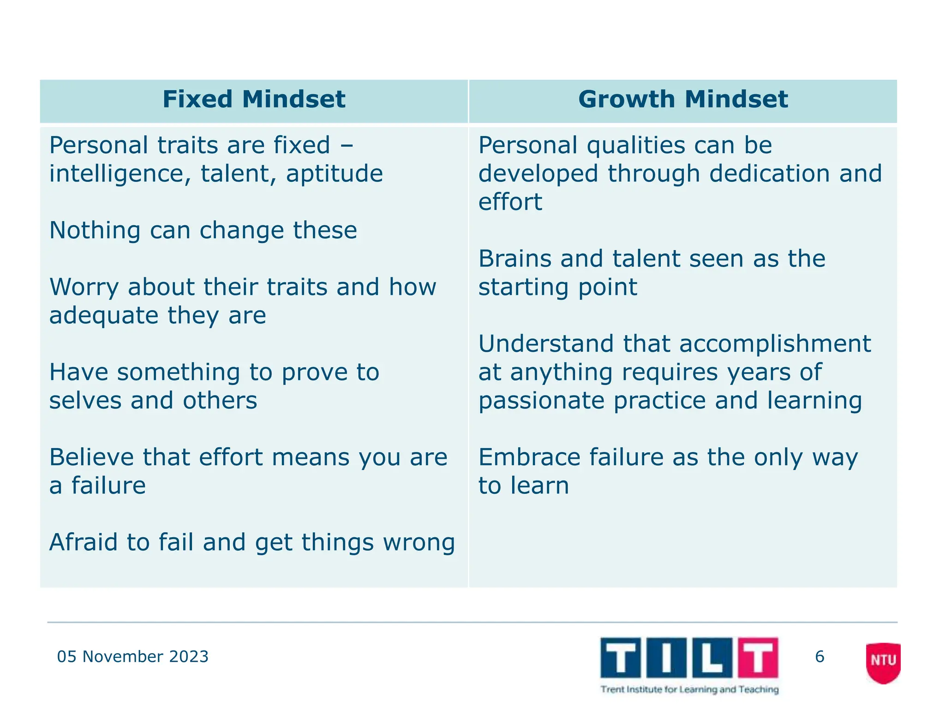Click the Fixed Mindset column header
pyautogui.click(x=254, y=100)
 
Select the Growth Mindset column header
pyautogui.click(x=683, y=100)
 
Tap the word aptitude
pyautogui.click(x=334, y=174)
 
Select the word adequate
pyautogui.click(x=104, y=316)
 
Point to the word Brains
pyautogui.click(x=514, y=258)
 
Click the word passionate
pyautogui.click(x=541, y=401)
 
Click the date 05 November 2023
pyautogui.click(x=132, y=656)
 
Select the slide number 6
pyautogui.click(x=819, y=656)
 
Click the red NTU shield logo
pyautogui.click(x=883, y=661)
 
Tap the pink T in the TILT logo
pyautogui.click(x=757, y=656)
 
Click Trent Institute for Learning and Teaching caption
pyautogui.click(x=689, y=690)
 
